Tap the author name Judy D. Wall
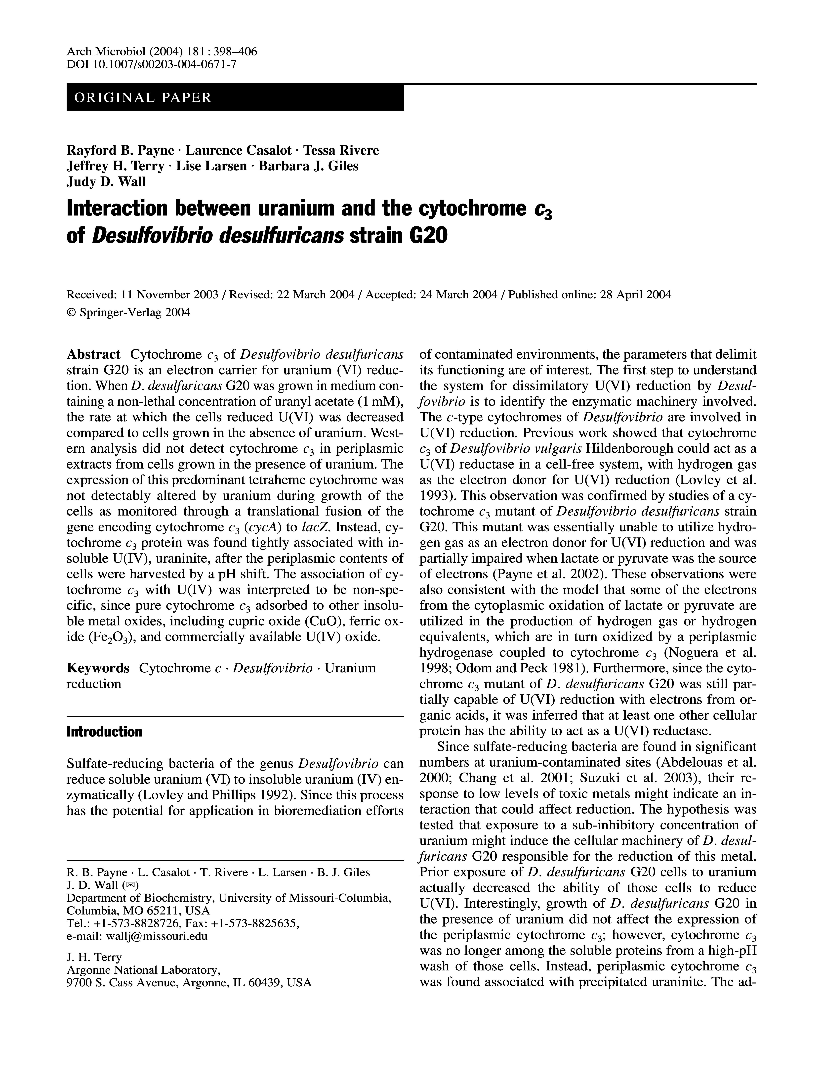pyautogui.click(x=106, y=182)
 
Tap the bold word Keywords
pyautogui.click(x=98, y=668)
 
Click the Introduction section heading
pyautogui.click(x=104, y=732)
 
